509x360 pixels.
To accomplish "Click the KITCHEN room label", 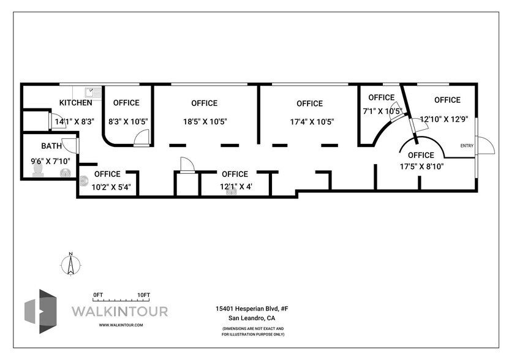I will (75, 103).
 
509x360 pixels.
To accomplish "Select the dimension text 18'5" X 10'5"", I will (205, 122).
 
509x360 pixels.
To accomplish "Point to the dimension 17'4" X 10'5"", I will (311, 122).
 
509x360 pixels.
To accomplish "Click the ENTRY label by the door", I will (467, 146).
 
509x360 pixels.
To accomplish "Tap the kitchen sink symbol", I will (94, 92).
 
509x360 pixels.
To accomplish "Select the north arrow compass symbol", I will (70, 264).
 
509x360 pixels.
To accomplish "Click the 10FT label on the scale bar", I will (143, 295).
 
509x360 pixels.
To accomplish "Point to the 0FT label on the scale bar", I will (97, 295).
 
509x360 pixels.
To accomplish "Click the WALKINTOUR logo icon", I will (40, 311).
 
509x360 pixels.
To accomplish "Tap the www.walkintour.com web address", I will (121, 325).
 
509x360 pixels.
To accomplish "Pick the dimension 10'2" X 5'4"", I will (107, 187).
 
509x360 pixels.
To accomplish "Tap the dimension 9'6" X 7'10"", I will (50, 161).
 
